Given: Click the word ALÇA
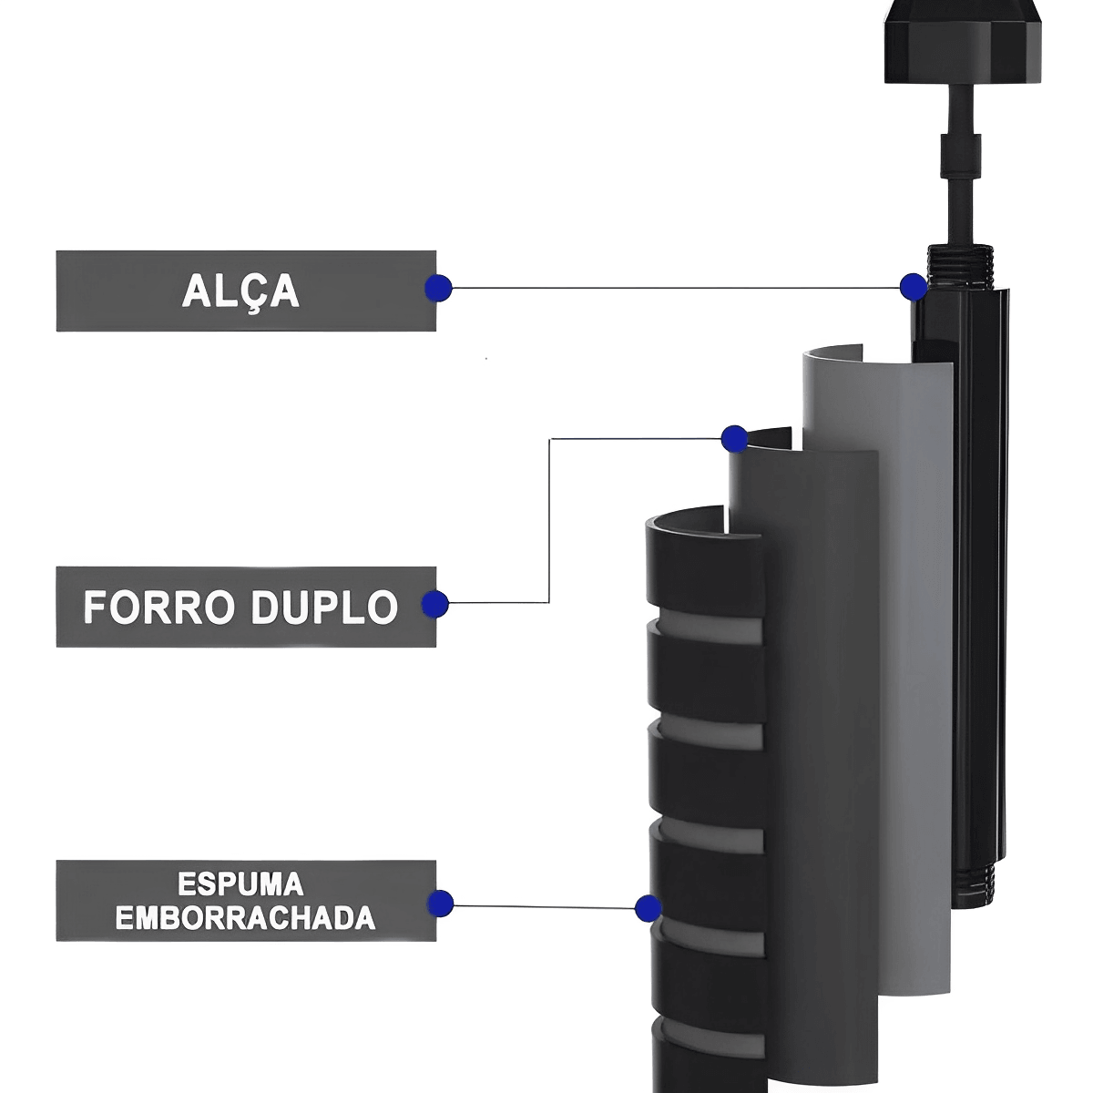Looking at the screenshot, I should pyautogui.click(x=240, y=291).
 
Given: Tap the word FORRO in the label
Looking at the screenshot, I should pyautogui.click(x=155, y=608).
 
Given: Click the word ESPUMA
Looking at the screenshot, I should pyautogui.click(x=240, y=884).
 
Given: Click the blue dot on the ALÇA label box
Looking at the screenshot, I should pyautogui.click(x=438, y=288).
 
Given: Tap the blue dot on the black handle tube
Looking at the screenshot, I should pyautogui.click(x=913, y=287).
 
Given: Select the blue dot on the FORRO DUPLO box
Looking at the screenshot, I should pyautogui.click(x=435, y=603).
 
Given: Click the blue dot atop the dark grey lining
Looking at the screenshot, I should pyautogui.click(x=734, y=439).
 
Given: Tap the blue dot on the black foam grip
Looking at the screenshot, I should pyautogui.click(x=648, y=907).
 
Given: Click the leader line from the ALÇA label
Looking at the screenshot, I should pyautogui.click(x=674, y=288).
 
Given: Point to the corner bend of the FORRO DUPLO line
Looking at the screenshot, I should pyautogui.click(x=549, y=439).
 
